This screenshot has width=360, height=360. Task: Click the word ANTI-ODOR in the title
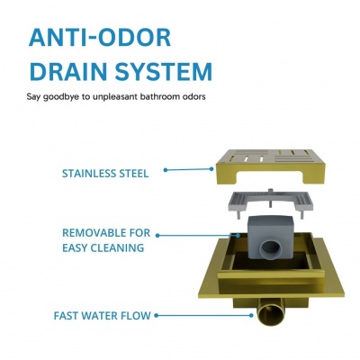pos(100,38)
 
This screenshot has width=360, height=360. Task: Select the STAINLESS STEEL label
pos(105,174)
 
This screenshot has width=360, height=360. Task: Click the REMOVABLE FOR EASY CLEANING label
pos(106,240)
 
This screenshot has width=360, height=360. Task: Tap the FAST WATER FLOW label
pos(102,316)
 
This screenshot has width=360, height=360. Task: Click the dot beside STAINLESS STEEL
pos(166,170)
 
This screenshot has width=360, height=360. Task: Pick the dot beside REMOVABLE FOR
pos(157,236)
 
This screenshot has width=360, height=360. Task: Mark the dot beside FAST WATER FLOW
pos(157,315)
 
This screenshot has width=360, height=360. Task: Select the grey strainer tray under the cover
pos(272,205)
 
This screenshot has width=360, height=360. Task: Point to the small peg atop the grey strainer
pos(270,192)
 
